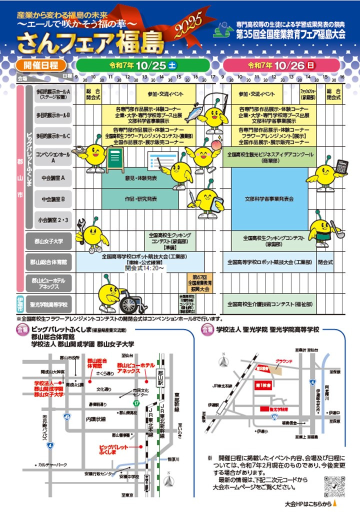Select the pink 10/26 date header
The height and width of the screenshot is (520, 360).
pyautogui.click(x=282, y=65)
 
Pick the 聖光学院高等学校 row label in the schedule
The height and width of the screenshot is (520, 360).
pyautogui.click(x=48, y=303)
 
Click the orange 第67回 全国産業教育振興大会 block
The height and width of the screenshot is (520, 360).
pyautogui.click(x=199, y=283)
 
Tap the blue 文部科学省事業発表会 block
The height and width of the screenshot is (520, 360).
pyautogui.click(x=269, y=198)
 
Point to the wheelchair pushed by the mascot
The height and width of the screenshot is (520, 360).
pyautogui.click(x=131, y=301)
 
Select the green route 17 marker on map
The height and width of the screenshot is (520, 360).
pyautogui.click(x=136, y=402)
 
